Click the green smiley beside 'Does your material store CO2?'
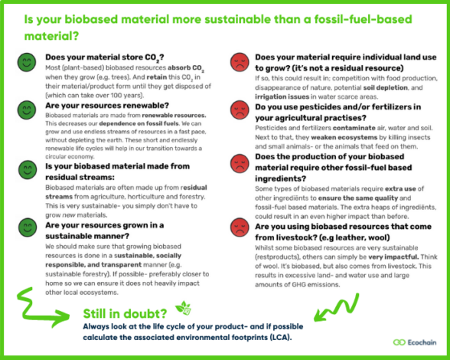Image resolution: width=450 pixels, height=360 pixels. [26, 61]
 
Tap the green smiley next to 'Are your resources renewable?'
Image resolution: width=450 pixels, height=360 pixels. [26, 109]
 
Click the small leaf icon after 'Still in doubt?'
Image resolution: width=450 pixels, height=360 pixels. [182, 308]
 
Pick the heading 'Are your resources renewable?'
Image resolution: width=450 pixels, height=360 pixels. [102, 105]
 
